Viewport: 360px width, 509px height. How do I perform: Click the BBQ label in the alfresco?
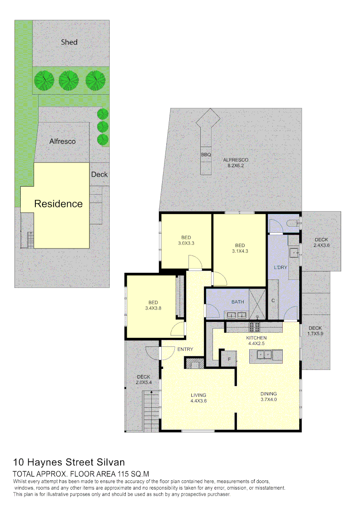click(206, 155)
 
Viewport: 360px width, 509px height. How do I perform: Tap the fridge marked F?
click(229, 359)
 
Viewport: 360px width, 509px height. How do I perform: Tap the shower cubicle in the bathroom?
click(258, 303)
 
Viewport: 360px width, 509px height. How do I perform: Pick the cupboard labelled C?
click(274, 300)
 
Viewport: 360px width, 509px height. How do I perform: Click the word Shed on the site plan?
click(69, 42)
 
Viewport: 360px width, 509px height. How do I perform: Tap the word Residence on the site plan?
click(58, 204)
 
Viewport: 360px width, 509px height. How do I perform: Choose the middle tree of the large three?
click(68, 80)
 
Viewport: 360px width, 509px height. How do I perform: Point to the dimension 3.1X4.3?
click(240, 251)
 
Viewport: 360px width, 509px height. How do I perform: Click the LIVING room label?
click(198, 395)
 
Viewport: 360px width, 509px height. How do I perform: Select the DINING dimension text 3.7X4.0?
click(269, 400)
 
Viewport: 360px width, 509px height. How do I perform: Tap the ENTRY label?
click(185, 349)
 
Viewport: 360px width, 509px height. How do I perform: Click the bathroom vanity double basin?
click(236, 315)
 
